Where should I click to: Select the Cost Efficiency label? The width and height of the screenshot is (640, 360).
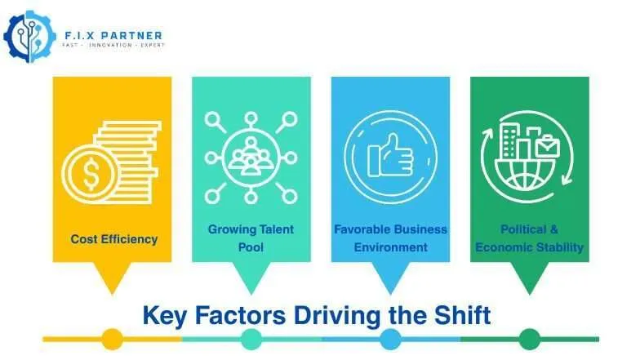coord(114,239)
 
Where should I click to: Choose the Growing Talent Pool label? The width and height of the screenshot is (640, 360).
coord(251,238)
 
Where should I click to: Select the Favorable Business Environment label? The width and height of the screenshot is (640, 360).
coord(390,238)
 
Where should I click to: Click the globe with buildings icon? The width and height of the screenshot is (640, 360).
coord(530,156)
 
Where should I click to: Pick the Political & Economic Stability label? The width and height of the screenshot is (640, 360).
coord(530,238)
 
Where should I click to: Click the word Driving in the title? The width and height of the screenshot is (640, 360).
coord(323,314)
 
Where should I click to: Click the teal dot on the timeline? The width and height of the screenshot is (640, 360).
coord(251,339)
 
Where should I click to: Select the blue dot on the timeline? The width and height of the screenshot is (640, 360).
coord(390,339)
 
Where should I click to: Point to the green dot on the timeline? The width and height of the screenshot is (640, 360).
coord(530,339)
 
